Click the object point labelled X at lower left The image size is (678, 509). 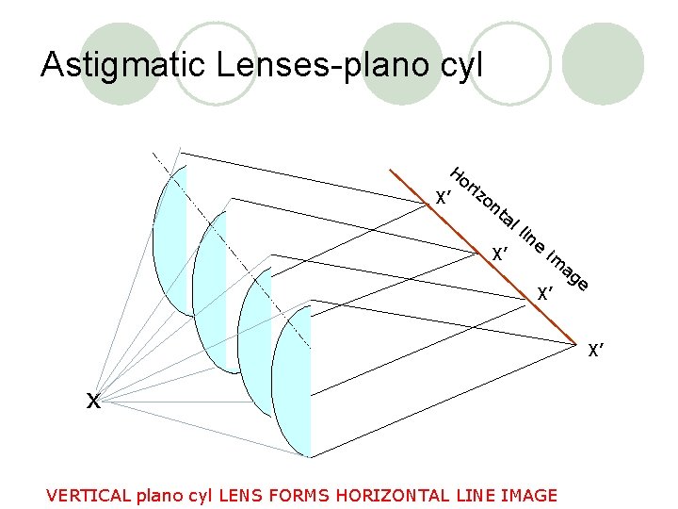tap(93, 401)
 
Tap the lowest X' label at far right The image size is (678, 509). tap(595, 353)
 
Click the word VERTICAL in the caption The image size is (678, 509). tap(89, 496)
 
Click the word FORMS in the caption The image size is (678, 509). tap(302, 496)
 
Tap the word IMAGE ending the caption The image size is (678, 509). tap(527, 496)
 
